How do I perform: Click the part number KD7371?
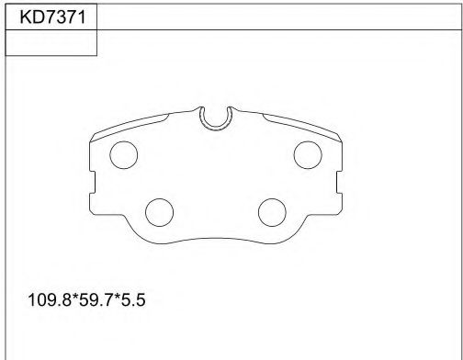coord(52,17)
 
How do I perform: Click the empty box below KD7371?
coord(51,43)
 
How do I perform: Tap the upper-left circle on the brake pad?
coord(124,155)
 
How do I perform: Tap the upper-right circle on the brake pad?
coord(308,155)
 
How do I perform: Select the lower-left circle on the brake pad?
coord(159,212)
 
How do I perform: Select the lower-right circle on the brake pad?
coord(272,212)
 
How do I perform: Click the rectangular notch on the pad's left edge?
coord(93,182)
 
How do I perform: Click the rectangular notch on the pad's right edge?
coord(339,182)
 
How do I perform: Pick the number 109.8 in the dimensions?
coord(50,300)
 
